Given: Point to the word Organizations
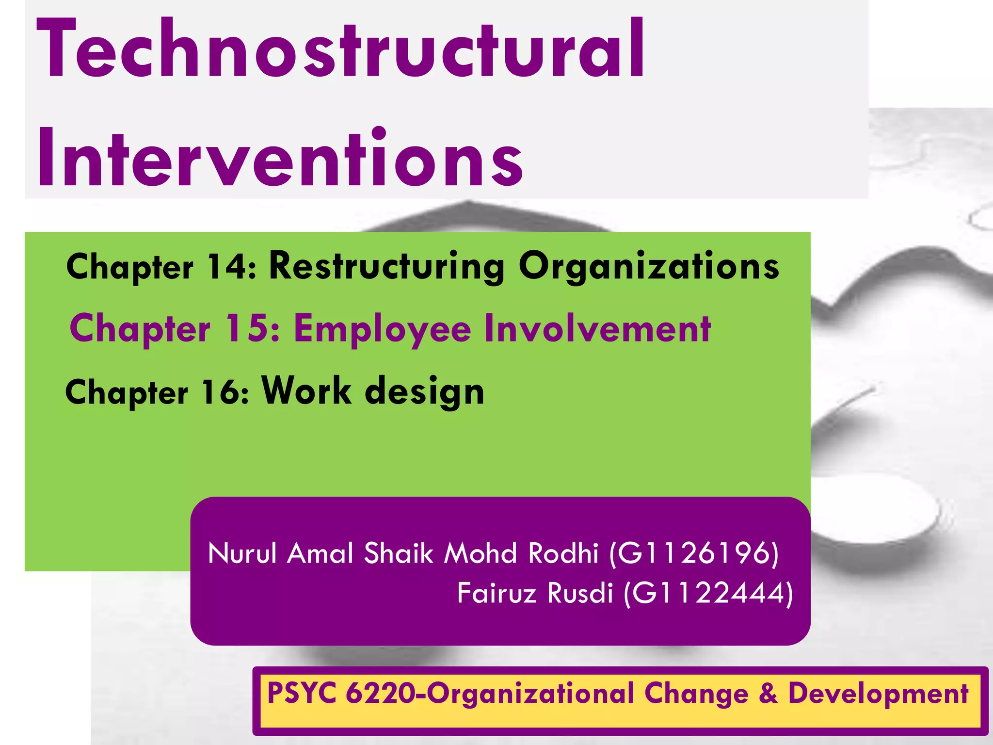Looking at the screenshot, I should pos(649,266).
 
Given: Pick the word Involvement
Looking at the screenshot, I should pos(597,328).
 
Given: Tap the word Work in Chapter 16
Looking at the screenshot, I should pos(306,390).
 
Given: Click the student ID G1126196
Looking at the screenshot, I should pos(694,553).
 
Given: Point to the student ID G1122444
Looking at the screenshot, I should pos(708,593).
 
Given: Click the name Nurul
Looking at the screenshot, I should pos(242,553).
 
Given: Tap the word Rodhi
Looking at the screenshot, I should pos(563,553).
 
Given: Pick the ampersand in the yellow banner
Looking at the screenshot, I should pos(768,693).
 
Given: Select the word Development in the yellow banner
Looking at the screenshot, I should pos(878,694).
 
